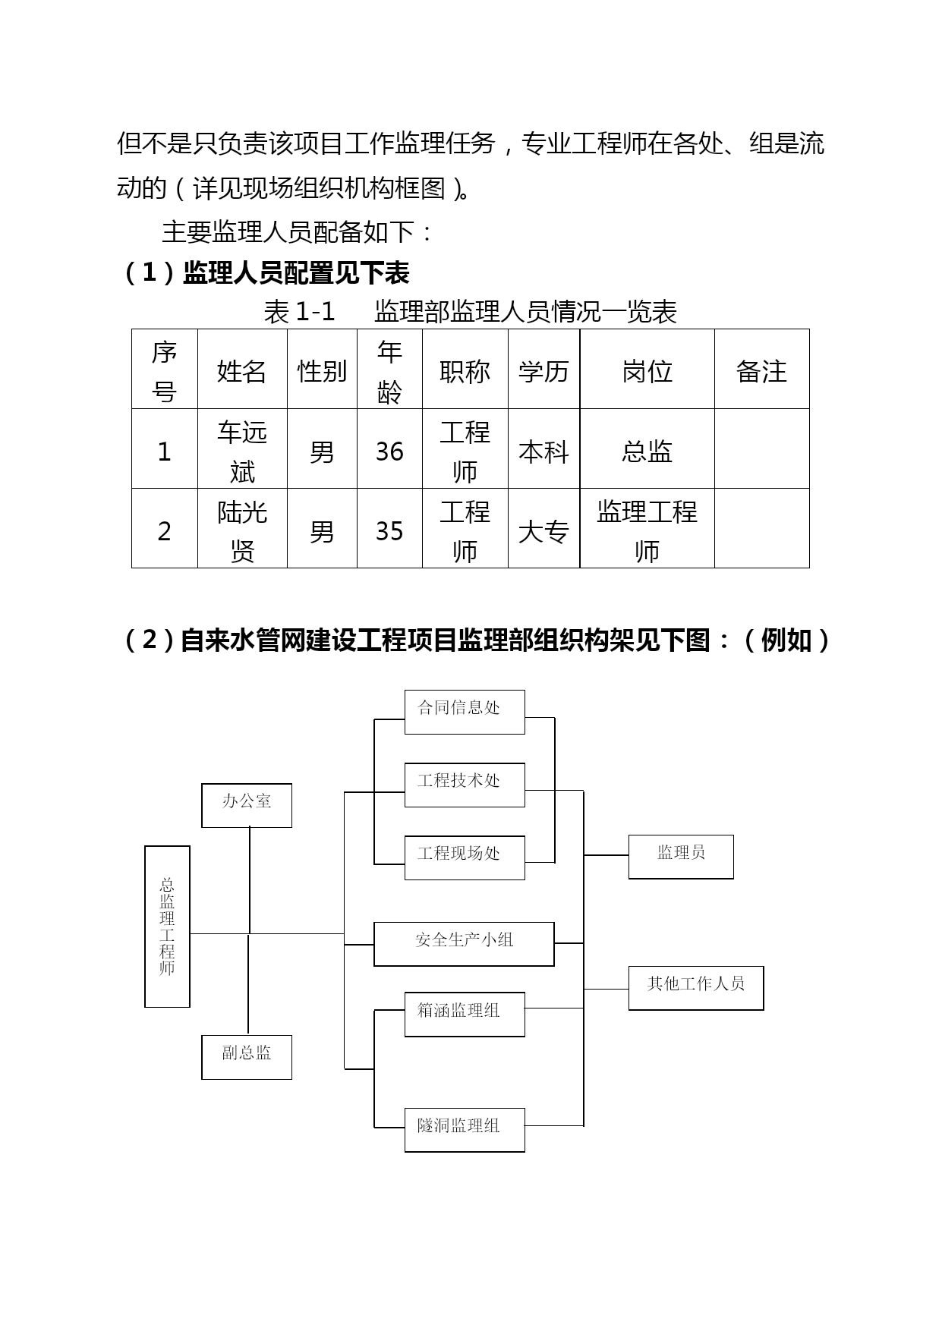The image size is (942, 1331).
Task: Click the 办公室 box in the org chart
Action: point(247,805)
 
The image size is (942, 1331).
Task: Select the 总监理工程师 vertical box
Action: point(167,927)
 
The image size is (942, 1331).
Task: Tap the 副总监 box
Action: point(247,1057)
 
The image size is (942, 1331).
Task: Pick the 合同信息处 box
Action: point(465,712)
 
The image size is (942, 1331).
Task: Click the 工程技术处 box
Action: point(465,785)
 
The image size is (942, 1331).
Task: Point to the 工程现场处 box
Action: point(465,857)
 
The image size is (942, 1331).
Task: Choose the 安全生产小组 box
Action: point(464,944)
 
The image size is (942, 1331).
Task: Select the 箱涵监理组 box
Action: point(465,1015)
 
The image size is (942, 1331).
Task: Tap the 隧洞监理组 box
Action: point(465,1130)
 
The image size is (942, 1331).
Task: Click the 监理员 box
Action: point(681,857)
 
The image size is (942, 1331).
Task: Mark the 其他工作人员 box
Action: point(696,988)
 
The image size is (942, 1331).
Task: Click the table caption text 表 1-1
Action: point(299,311)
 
